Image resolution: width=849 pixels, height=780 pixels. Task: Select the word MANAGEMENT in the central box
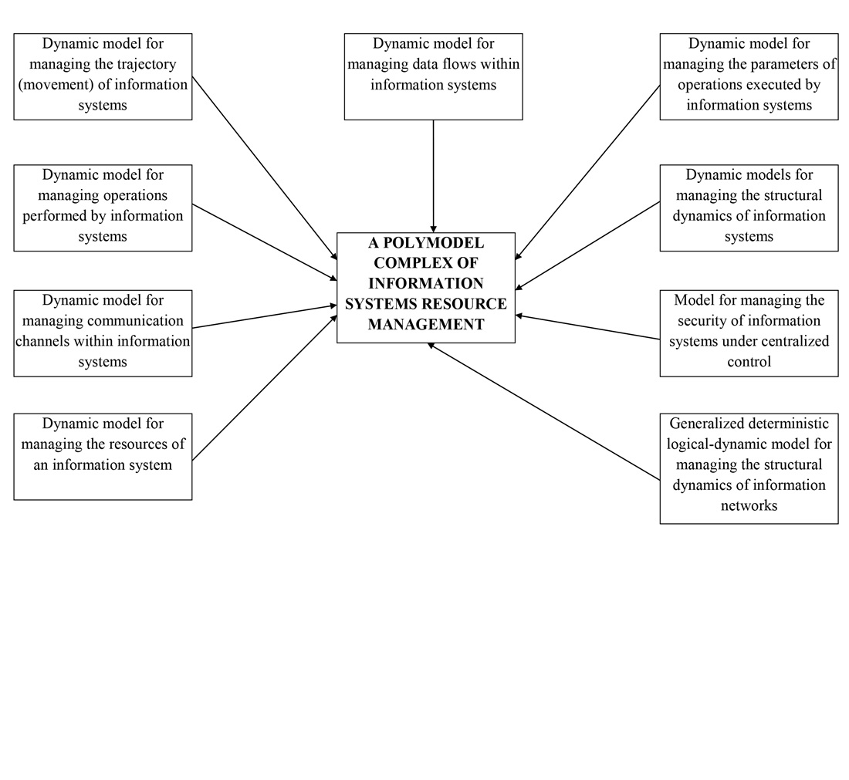[426, 325]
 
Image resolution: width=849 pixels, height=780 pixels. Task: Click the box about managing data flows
[433, 76]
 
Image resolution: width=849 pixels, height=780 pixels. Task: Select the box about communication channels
[103, 333]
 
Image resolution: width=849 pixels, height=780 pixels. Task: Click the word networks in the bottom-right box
[749, 506]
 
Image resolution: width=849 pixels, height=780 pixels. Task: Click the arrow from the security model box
[587, 327]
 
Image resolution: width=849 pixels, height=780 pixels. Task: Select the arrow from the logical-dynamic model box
[544, 412]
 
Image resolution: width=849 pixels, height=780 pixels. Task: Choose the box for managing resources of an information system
[103, 456]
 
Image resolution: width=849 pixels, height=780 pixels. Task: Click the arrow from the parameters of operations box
[587, 172]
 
